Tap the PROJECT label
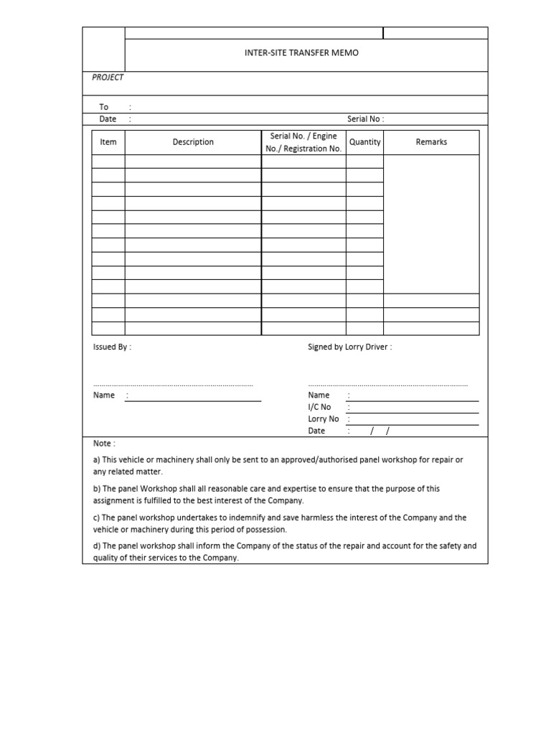108,78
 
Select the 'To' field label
103,107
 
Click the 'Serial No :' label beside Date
366,119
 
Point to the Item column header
108,142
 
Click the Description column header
193,142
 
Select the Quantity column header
364,142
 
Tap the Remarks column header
431,142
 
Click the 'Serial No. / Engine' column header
303,136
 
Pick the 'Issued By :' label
112,347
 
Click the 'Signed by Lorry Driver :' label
350,347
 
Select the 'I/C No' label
319,407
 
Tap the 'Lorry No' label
324,419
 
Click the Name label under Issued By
104,395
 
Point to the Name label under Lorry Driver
319,395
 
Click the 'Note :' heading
104,444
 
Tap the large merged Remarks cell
431,224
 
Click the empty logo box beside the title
104,50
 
